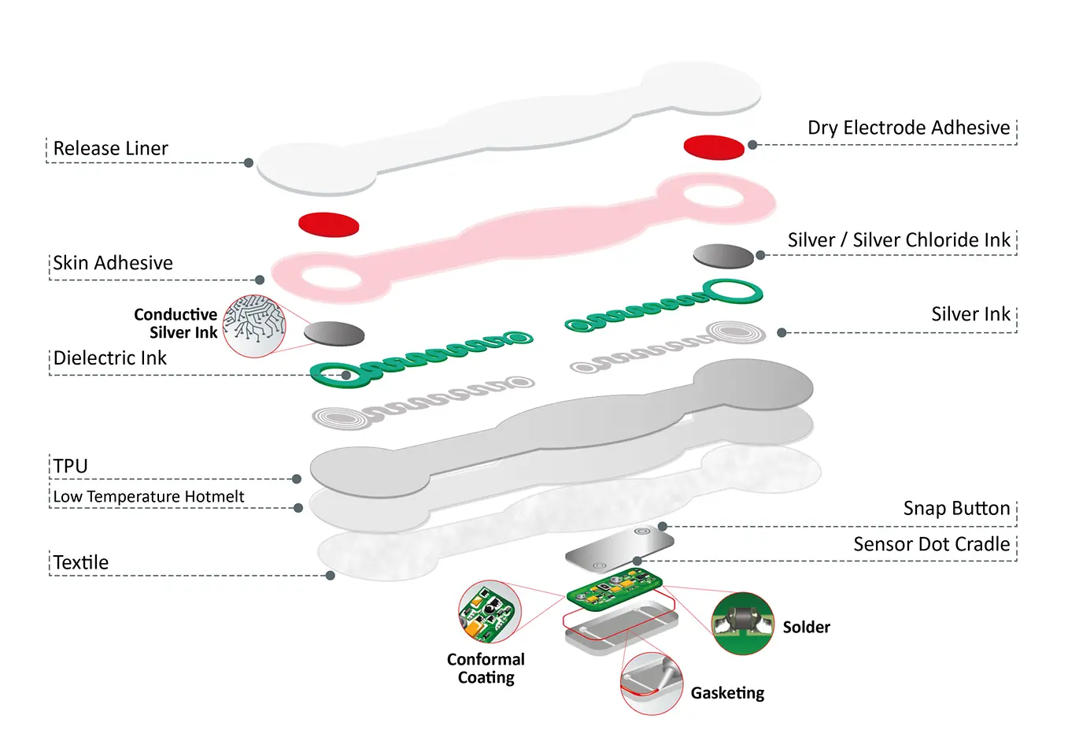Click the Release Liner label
(x=110, y=148)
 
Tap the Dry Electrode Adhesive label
(x=908, y=128)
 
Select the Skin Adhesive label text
(x=113, y=263)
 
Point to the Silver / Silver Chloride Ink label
(x=898, y=240)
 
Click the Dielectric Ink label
(x=109, y=358)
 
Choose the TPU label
(x=70, y=466)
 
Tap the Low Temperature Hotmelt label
(x=149, y=497)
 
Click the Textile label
(x=80, y=562)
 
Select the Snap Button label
(x=955, y=509)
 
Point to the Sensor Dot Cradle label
(x=931, y=544)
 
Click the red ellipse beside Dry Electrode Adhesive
(x=714, y=147)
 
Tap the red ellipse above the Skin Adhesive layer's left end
(x=329, y=224)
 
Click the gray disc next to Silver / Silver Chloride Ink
(x=723, y=256)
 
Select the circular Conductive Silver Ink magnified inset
(x=254, y=326)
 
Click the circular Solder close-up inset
(x=742, y=623)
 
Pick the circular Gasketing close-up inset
(x=651, y=683)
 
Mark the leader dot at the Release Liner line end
(x=249, y=163)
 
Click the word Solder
(x=806, y=628)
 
